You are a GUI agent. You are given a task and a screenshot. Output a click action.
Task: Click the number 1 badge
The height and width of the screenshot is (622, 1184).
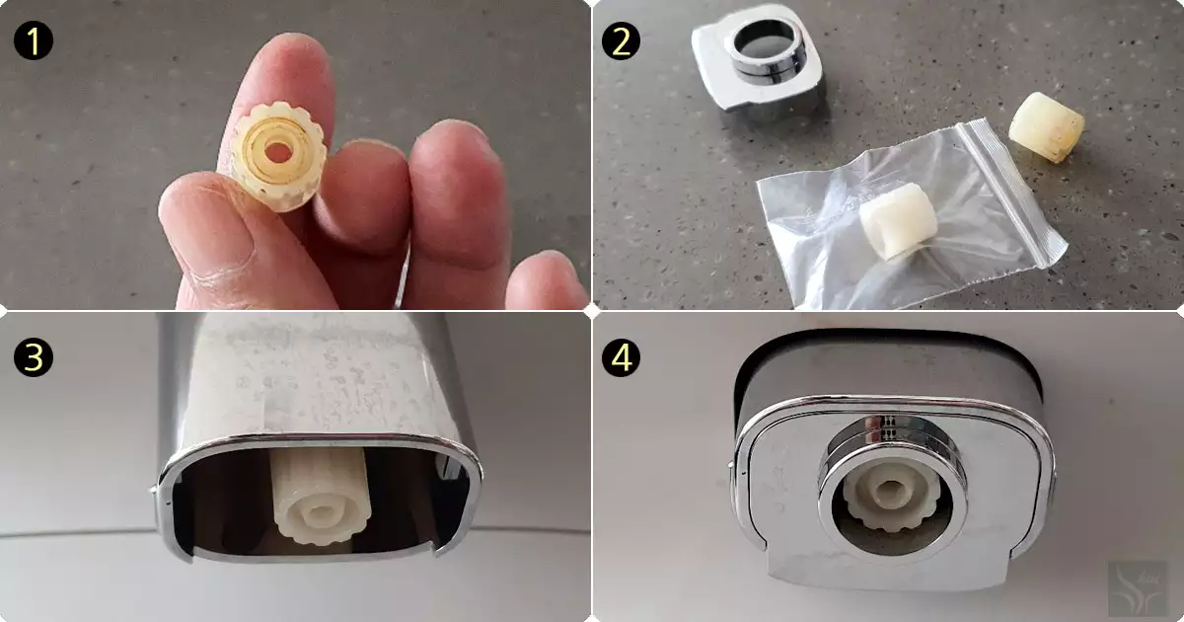coord(34,41)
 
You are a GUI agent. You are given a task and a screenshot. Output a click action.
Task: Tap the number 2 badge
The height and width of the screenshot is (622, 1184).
coord(621,41)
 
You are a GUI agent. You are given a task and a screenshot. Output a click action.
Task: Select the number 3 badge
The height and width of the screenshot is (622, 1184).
coord(34,357)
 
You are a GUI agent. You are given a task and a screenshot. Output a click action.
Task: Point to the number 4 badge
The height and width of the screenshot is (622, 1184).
coord(621,357)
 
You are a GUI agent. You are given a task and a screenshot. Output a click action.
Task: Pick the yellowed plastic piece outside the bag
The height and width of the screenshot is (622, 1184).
coord(1046,127)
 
